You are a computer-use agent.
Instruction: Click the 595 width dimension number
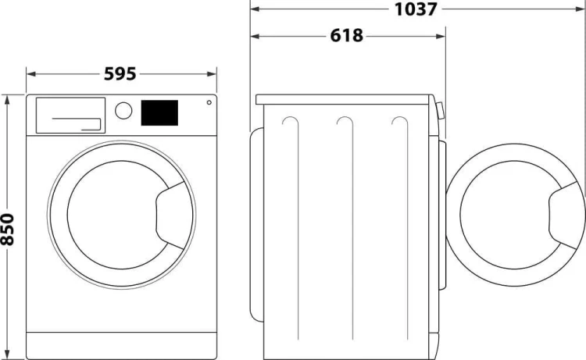(x=120, y=74)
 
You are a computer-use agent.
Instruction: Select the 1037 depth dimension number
(x=415, y=9)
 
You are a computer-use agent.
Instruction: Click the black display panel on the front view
(x=159, y=112)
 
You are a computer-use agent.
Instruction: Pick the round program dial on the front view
(x=123, y=110)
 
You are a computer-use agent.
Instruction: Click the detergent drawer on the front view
(x=70, y=114)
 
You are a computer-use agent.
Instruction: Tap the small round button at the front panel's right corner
(x=209, y=102)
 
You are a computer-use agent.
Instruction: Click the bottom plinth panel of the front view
(x=121, y=341)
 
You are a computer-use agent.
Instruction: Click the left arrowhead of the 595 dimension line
(x=30, y=74)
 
